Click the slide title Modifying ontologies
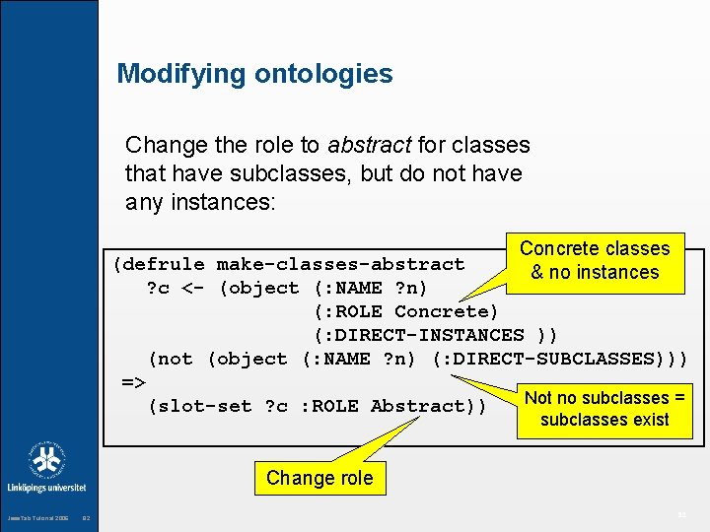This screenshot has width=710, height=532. (x=254, y=74)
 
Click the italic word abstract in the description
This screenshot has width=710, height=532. (x=370, y=146)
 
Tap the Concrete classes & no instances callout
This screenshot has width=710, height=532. (x=595, y=261)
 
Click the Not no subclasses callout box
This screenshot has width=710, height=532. (x=604, y=409)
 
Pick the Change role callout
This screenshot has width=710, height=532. (x=319, y=479)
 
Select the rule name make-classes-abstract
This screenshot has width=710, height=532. (x=340, y=264)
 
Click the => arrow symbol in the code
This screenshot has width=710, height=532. (x=133, y=382)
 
